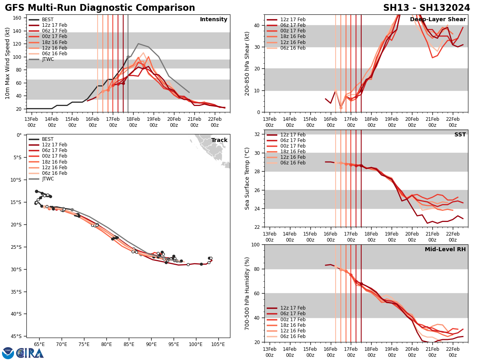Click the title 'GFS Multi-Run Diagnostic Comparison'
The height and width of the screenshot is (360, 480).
click(100, 8)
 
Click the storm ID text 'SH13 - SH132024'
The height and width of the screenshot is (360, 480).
click(426, 8)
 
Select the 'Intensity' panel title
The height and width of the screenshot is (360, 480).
click(214, 20)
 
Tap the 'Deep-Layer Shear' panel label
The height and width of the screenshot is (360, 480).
click(438, 20)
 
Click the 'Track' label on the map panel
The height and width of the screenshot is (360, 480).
click(219, 140)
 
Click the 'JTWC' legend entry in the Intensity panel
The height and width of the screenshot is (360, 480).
click(48, 59)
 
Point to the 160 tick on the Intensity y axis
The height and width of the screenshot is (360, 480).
click(18, 18)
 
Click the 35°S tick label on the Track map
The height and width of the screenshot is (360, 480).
click(16, 292)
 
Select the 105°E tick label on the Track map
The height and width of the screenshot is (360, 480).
click(218, 344)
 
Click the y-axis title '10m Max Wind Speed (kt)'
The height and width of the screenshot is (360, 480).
click(8, 63)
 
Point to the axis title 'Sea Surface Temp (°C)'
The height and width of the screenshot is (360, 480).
click(247, 178)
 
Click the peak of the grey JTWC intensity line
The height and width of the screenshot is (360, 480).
click(138, 44)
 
